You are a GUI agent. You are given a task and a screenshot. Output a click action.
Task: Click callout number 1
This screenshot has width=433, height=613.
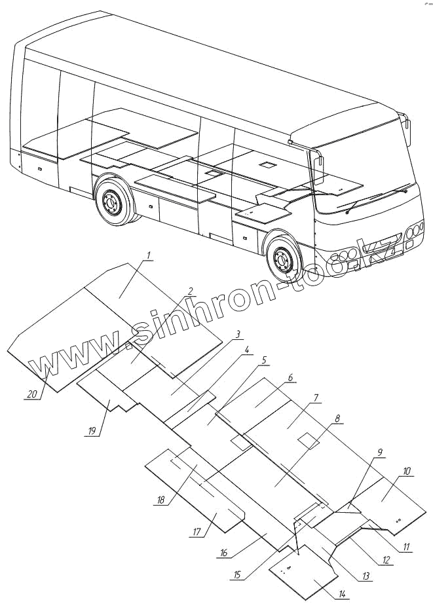(148, 254)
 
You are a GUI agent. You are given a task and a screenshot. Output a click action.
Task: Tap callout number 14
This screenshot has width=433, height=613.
(342, 595)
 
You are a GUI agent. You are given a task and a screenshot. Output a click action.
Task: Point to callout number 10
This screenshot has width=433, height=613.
(407, 471)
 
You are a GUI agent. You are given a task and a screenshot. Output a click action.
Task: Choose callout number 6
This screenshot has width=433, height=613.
(290, 379)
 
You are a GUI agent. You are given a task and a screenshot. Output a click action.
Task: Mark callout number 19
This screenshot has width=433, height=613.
(92, 430)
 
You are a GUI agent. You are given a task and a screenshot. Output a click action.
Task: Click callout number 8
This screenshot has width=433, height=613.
(337, 418)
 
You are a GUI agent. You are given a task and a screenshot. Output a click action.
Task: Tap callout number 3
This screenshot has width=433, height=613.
(238, 334)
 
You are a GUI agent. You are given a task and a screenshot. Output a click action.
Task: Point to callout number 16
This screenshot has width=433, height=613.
(223, 553)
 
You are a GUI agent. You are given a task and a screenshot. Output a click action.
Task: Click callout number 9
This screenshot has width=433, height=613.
(379, 452)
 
